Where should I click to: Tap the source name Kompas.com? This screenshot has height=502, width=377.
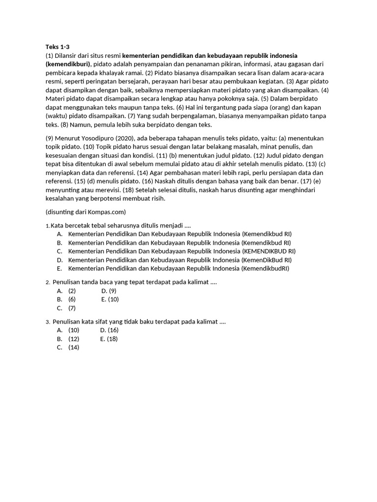pyautogui.click(x=108, y=212)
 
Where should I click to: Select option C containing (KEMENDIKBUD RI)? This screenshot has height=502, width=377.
pyautogui.click(x=182, y=251)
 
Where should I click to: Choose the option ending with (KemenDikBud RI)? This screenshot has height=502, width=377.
pyautogui.click(x=180, y=260)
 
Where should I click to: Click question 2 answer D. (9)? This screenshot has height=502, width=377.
pyautogui.click(x=108, y=291)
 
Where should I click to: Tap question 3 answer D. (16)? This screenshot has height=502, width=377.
pyautogui.click(x=109, y=330)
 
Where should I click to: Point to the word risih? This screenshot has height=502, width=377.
pyautogui.click(x=158, y=199)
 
